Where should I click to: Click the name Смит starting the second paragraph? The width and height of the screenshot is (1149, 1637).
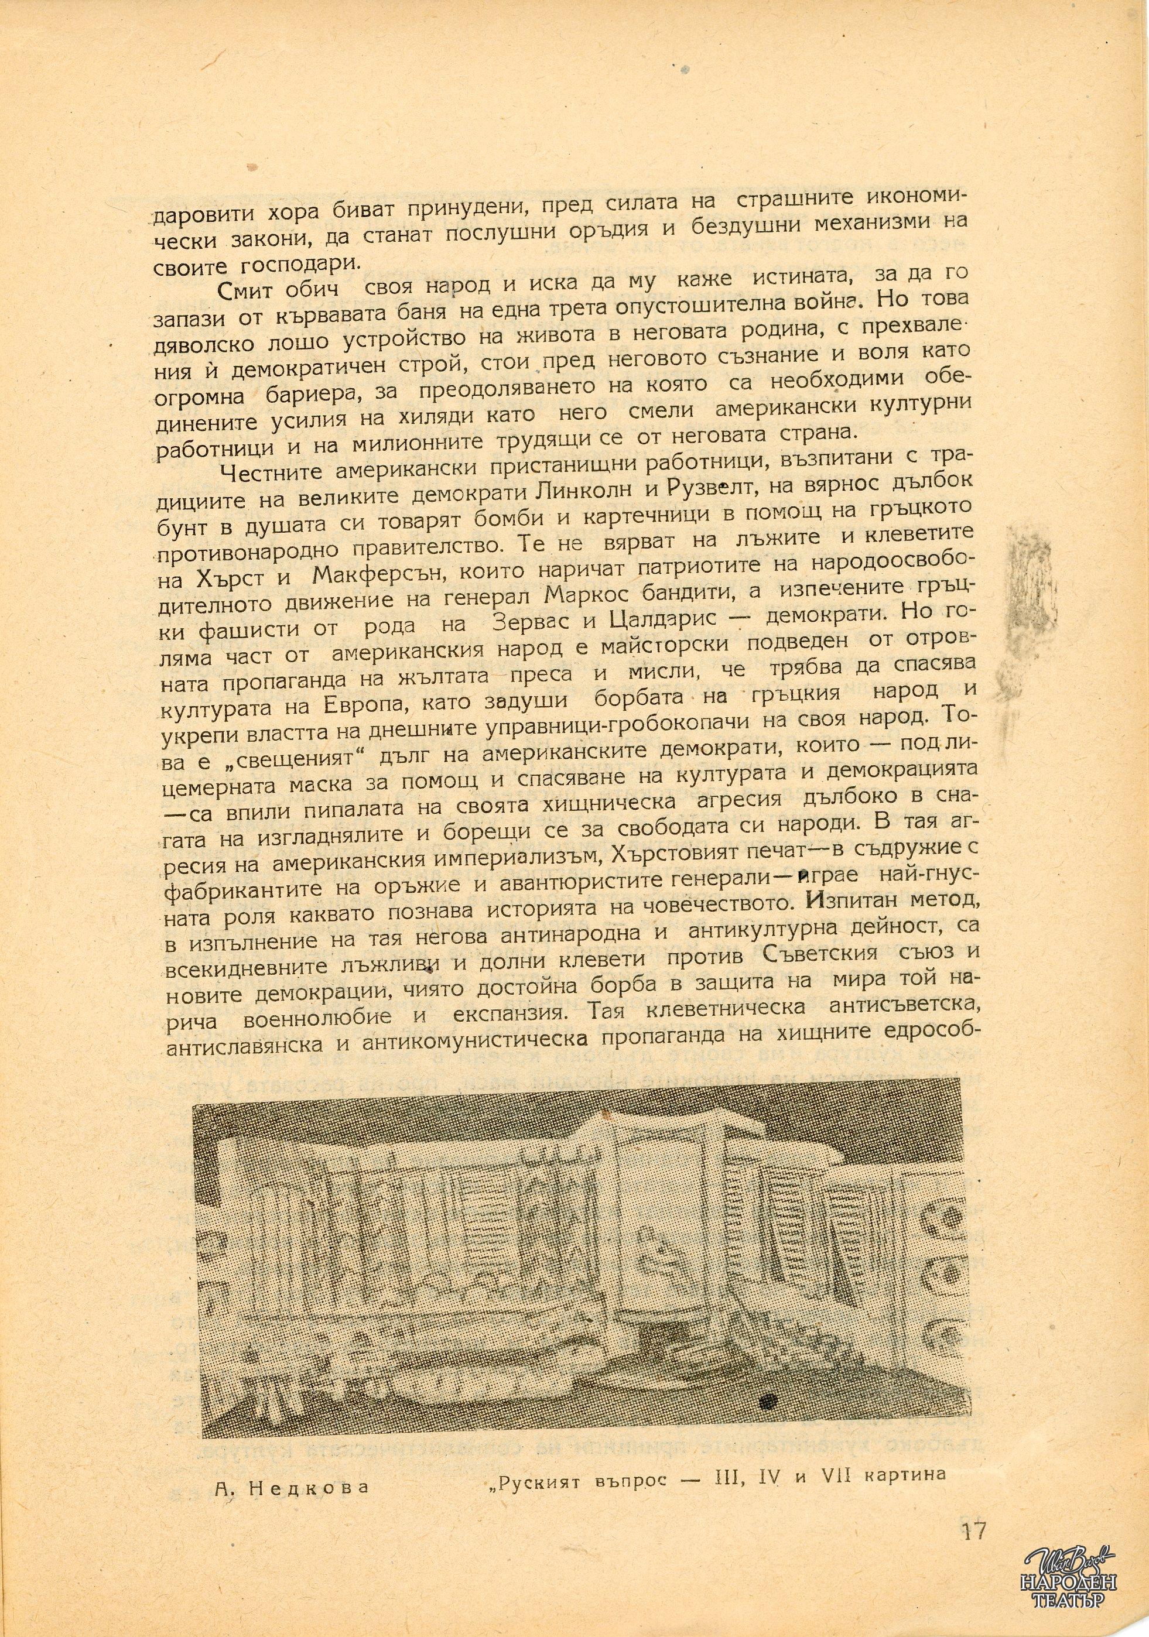point(248,292)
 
